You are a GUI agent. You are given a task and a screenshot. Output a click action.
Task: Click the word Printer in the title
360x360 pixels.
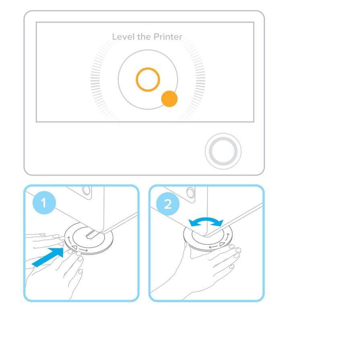[168, 37]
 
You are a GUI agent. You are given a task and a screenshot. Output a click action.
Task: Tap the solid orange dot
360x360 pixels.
[169, 99]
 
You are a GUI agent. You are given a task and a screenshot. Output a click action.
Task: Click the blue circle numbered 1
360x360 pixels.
[44, 203]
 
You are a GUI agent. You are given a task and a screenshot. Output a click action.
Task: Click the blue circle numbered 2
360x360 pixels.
[168, 204]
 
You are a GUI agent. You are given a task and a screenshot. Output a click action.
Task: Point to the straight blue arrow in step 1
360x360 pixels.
[48, 257]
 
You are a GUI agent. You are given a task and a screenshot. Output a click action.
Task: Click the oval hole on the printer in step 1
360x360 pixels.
[87, 190]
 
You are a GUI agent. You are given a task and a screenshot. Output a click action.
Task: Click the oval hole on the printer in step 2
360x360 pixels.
[191, 192]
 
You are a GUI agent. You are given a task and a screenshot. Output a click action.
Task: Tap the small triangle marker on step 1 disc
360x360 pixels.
[74, 247]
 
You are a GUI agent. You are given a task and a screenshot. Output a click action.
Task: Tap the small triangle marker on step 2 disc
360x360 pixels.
[222, 244]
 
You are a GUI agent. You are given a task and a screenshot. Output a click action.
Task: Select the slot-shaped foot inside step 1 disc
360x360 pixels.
[92, 235]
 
